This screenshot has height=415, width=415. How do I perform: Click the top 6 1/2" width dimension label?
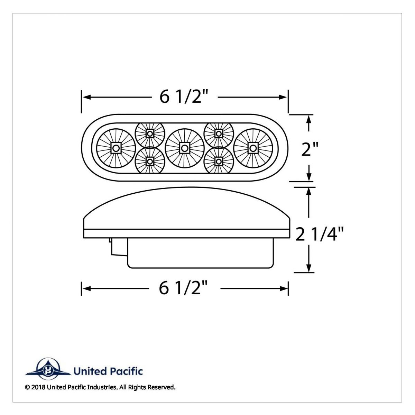tap(185, 97)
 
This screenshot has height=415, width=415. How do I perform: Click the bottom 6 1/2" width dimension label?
tap(185, 288)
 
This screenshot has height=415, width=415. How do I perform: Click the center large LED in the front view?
tap(185, 148)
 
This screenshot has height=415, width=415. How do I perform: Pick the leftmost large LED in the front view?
tap(116, 148)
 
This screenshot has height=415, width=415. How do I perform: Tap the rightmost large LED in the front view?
tap(253, 148)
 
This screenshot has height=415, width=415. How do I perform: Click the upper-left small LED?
tap(150, 133)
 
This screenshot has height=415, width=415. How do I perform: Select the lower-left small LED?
tap(150, 161)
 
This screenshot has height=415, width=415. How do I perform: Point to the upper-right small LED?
tap(219, 133)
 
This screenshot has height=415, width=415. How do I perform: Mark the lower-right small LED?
tap(219, 161)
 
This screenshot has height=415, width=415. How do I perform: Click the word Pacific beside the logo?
tap(127, 372)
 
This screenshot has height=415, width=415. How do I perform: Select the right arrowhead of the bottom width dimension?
tap(284, 288)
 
